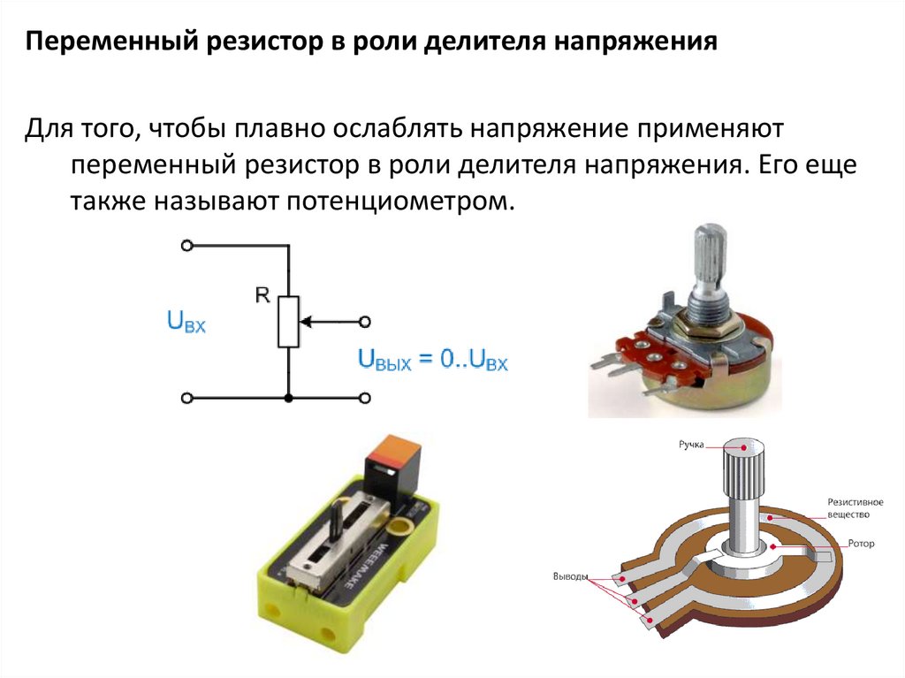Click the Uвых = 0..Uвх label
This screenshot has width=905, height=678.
(x=432, y=360)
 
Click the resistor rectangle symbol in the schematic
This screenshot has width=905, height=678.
(x=288, y=321)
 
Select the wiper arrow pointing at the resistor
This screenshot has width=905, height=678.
(x=327, y=322)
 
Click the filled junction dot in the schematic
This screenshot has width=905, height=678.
(x=288, y=399)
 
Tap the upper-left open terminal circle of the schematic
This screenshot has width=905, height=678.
(x=186, y=246)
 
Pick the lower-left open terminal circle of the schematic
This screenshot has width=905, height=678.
(x=186, y=399)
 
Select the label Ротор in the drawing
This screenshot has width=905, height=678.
(x=860, y=544)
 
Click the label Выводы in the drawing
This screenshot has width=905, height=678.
(x=570, y=577)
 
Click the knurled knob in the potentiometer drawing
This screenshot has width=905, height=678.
(x=742, y=473)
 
